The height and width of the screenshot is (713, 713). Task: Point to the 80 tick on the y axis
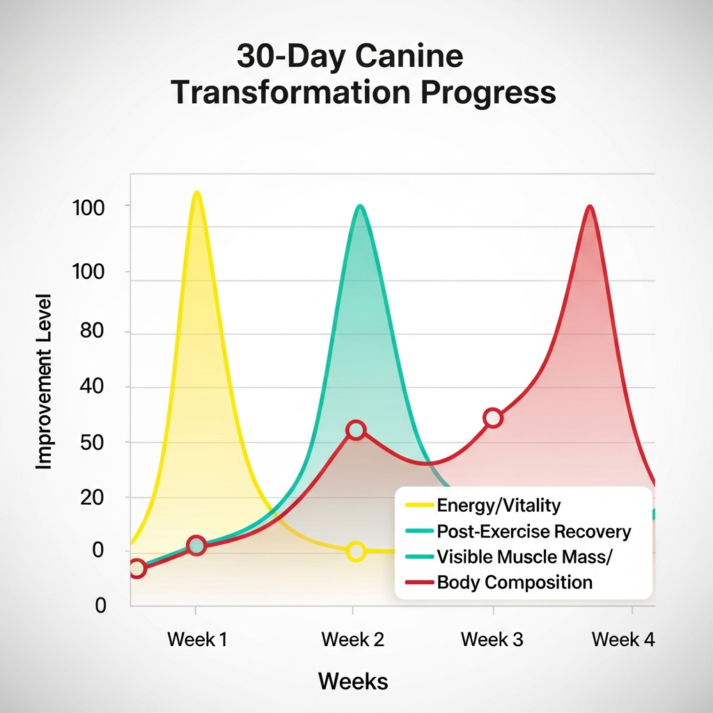coord(91,331)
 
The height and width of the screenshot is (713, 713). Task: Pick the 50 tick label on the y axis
coord(91,442)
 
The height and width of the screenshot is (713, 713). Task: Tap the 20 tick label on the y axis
coord(91,497)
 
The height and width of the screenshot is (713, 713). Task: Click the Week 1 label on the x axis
coord(197,639)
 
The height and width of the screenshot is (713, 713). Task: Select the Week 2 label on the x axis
coord(353,639)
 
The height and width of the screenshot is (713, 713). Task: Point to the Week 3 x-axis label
coord(492,639)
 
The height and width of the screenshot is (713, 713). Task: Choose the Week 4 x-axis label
coord(623,639)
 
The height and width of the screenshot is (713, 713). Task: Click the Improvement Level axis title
coord(44,379)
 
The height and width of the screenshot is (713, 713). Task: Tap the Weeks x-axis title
coord(353,680)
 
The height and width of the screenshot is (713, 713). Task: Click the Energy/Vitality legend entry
coord(499,505)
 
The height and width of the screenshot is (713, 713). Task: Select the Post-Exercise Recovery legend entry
coord(533,532)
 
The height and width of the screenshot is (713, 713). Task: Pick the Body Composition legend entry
coord(515,582)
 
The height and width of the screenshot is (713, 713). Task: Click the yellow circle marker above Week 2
coord(356,551)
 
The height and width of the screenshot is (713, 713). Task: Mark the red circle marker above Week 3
coord(493,418)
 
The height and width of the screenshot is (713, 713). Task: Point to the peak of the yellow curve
coord(197,192)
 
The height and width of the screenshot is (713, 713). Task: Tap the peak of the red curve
coord(590,206)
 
